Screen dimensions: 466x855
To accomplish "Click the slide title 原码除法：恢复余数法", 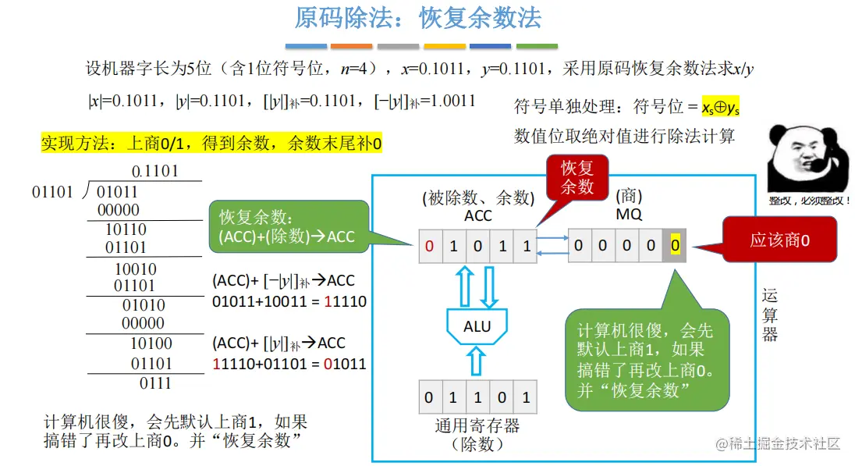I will [x=418, y=18].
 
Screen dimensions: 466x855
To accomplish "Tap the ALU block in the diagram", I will [x=477, y=325].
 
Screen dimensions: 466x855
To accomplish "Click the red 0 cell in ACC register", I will [x=430, y=247].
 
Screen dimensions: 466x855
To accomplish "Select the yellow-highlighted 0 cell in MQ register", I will [x=675, y=247].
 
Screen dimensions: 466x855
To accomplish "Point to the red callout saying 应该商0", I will [x=779, y=240].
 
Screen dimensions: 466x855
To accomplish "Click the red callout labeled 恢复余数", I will [x=577, y=177].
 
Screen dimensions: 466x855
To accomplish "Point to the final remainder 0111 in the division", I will [x=155, y=383].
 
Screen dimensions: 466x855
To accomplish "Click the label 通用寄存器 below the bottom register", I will [x=477, y=426].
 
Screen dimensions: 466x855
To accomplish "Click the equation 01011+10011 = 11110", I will [x=289, y=302].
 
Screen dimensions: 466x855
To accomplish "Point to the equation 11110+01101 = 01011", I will [x=289, y=364].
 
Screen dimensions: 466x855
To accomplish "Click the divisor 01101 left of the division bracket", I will [x=52, y=192].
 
